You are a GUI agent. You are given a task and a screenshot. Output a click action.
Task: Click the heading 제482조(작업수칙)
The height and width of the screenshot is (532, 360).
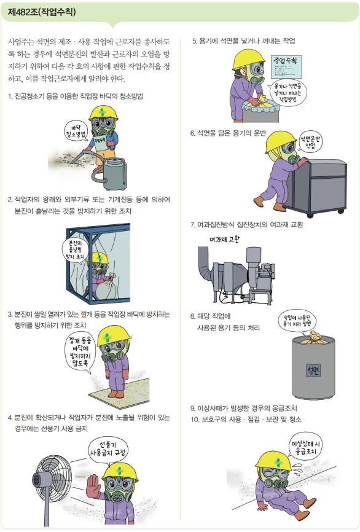click(x=42, y=12)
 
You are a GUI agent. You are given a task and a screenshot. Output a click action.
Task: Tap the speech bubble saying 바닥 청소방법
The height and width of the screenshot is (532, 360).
click(x=76, y=131)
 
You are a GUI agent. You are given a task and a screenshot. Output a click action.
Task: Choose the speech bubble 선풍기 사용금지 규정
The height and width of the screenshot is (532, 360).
click(x=108, y=448)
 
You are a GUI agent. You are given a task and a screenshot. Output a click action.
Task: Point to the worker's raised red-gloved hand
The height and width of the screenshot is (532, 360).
click(x=94, y=487)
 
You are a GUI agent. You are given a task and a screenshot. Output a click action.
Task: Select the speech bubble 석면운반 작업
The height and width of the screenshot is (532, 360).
click(x=310, y=142)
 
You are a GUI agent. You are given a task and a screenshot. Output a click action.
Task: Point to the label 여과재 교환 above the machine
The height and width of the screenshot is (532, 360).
click(x=224, y=239)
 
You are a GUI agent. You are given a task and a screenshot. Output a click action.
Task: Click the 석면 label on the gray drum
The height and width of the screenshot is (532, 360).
click(x=313, y=369)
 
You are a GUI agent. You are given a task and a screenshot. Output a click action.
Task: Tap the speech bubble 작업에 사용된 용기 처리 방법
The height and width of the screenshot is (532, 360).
click(x=297, y=321)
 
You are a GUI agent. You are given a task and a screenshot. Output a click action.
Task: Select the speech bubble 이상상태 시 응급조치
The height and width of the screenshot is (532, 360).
click(x=305, y=447)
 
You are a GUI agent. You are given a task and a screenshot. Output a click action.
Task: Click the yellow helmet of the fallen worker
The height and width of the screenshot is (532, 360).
click(x=273, y=461)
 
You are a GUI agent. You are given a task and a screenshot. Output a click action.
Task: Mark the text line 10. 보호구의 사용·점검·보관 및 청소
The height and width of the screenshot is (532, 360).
click(x=246, y=420)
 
